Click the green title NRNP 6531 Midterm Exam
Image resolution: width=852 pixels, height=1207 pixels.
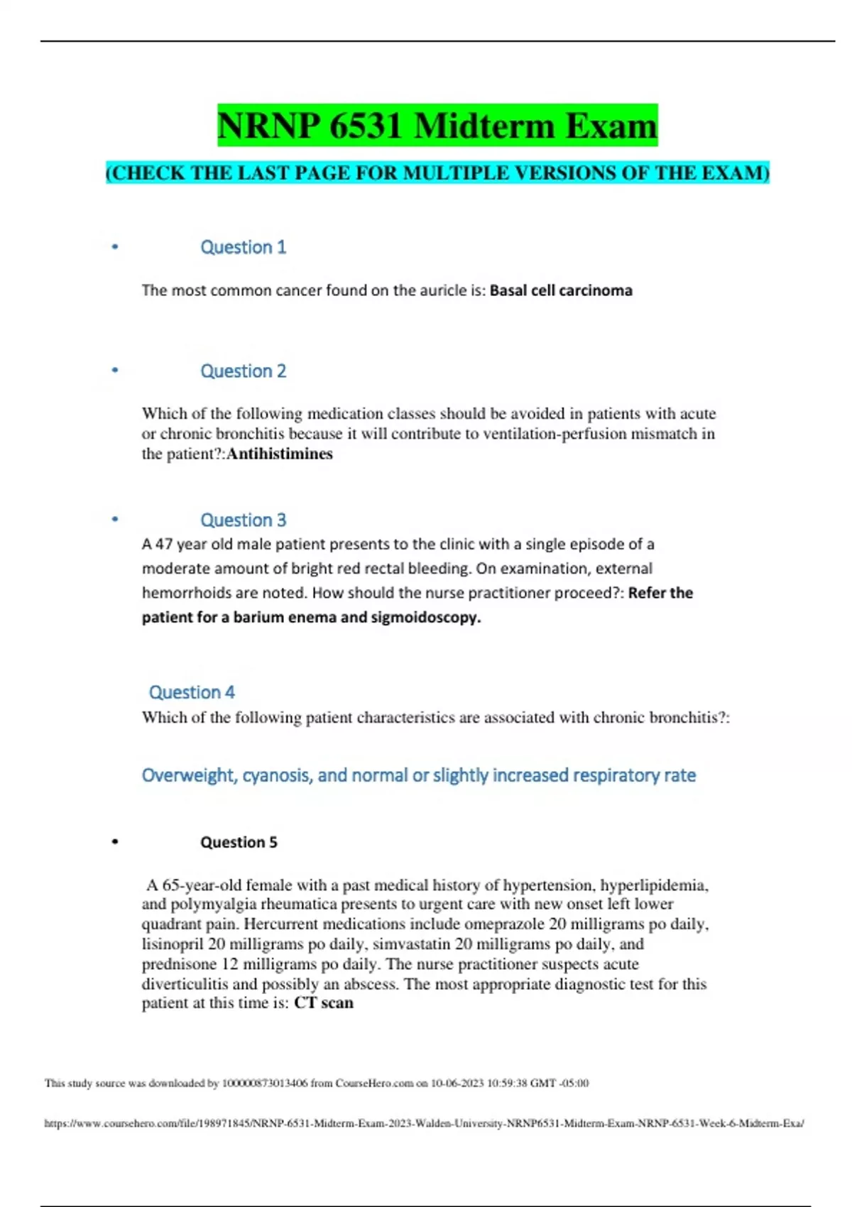coord(437,126)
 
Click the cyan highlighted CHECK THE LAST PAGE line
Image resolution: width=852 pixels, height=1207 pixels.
coord(437,173)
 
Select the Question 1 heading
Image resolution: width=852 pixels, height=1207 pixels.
coord(243,247)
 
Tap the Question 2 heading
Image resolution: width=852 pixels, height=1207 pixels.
coord(243,371)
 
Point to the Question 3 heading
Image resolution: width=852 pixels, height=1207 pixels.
coord(243,520)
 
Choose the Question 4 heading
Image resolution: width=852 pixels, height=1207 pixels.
coord(192,692)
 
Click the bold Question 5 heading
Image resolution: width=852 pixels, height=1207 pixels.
coord(239,842)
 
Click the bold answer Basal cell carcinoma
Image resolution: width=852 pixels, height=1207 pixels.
coord(561,290)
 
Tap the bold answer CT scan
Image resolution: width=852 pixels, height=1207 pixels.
coord(323,1003)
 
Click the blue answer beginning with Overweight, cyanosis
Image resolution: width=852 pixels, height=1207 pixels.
coord(418,775)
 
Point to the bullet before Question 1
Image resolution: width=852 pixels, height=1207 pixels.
coord(115,247)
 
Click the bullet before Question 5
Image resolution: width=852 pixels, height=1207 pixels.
coord(115,842)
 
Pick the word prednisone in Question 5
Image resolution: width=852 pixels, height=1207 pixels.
coord(179,964)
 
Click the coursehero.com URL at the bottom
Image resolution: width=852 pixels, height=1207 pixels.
coord(424,1123)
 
